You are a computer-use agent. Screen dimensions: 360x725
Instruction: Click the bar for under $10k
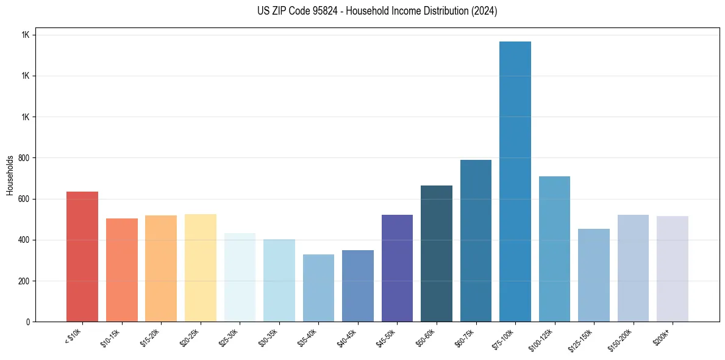82,256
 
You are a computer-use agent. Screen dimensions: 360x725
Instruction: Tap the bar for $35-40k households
318,288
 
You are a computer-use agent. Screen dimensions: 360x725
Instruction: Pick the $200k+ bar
673,268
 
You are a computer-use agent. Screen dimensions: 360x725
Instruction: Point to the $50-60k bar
437,253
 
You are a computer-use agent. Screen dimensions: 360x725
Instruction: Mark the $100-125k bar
554,249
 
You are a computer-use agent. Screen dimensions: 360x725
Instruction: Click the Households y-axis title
10,175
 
